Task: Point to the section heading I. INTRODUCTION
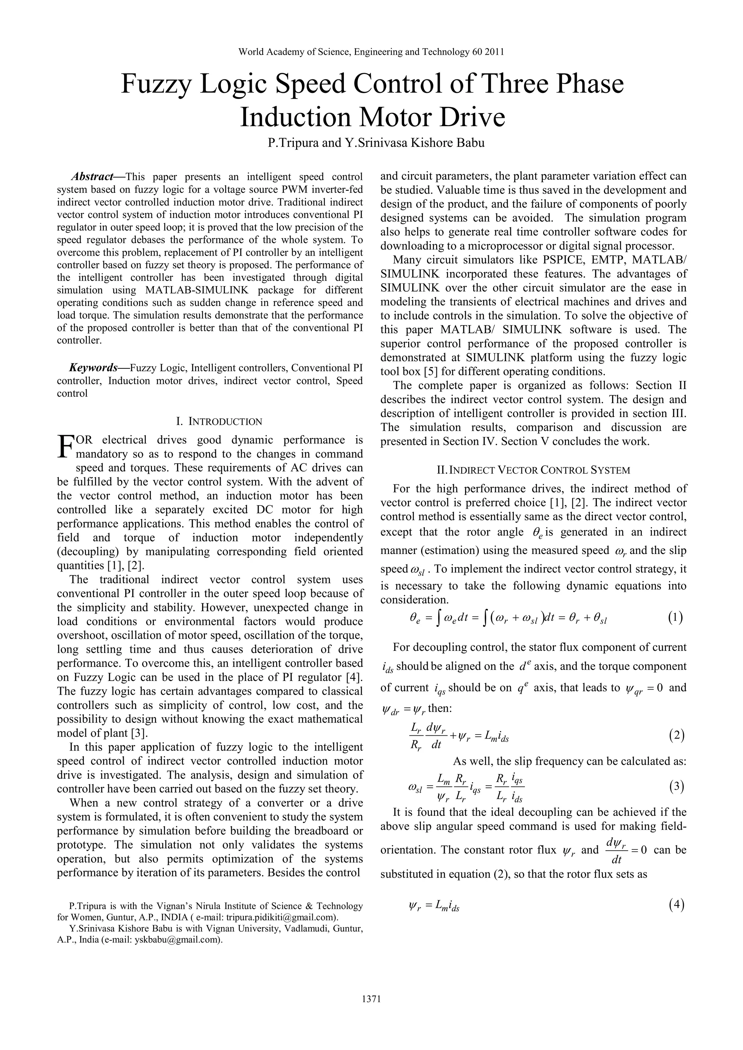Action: click(219, 422)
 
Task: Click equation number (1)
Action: click(675, 618)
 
